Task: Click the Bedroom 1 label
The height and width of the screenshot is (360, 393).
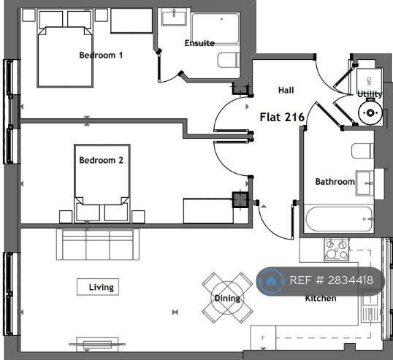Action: click(x=101, y=55)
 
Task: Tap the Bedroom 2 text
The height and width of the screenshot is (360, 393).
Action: click(x=102, y=160)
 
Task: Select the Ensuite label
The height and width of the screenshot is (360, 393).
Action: click(x=199, y=43)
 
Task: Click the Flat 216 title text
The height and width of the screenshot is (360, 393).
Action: click(x=282, y=117)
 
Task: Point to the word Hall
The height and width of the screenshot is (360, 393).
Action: click(x=286, y=91)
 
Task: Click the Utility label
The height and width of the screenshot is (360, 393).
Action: click(x=370, y=94)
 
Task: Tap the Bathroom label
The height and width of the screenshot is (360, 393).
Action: click(x=335, y=182)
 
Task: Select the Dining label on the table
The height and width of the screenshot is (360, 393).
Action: click(x=227, y=298)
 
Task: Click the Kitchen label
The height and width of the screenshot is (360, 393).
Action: click(x=321, y=298)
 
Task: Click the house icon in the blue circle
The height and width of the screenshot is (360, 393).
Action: click(x=270, y=281)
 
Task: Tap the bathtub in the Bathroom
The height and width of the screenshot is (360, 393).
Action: click(x=339, y=219)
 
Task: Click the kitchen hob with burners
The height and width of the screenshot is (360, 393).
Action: click(x=336, y=250)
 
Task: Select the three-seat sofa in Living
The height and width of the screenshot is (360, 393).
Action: click(x=98, y=245)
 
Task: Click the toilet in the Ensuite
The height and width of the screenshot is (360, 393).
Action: click(x=229, y=60)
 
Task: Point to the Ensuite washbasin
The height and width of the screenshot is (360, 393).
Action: click(x=174, y=17)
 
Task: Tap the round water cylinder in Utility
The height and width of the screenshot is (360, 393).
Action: click(x=370, y=112)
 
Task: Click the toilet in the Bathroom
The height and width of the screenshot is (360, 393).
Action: click(x=362, y=151)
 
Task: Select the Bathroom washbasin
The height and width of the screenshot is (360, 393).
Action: click(x=365, y=183)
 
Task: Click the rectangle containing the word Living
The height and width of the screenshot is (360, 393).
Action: click(x=98, y=287)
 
